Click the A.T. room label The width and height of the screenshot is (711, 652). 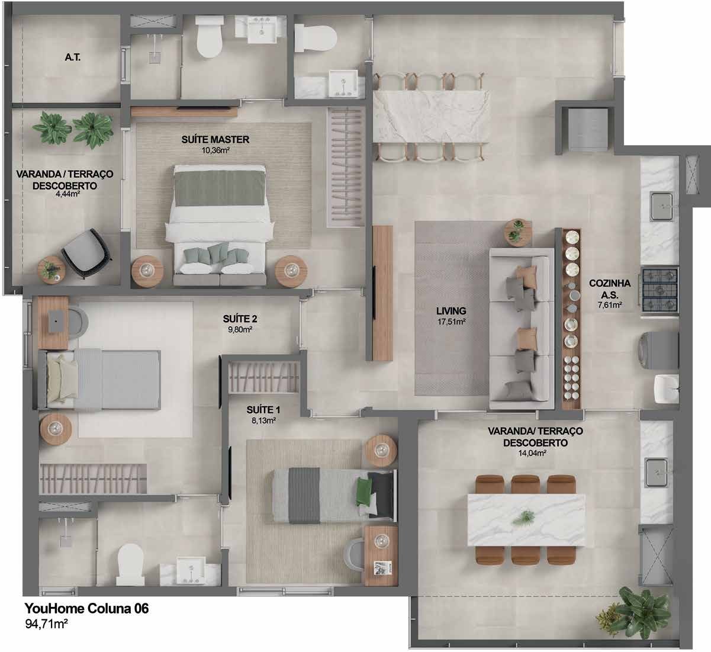[73, 57]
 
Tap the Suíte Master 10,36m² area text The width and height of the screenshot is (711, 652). [215, 150]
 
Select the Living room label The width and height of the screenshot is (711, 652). [451, 311]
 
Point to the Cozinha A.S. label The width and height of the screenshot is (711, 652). [610, 289]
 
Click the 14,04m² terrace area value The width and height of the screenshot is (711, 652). [532, 453]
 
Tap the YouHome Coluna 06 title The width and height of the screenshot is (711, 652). [86, 608]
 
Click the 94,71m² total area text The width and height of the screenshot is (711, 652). [46, 624]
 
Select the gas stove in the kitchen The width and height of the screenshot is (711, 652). [659, 290]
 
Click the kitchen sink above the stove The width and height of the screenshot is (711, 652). [661, 206]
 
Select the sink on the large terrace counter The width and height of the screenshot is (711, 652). [656, 472]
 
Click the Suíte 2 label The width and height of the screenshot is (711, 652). [240, 319]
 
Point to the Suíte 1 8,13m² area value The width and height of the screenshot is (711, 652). [263, 420]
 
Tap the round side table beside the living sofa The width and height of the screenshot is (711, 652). [518, 231]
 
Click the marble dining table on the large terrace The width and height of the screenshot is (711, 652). [526, 521]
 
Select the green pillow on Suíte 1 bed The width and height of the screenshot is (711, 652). [364, 491]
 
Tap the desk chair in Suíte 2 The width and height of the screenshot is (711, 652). [78, 321]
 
